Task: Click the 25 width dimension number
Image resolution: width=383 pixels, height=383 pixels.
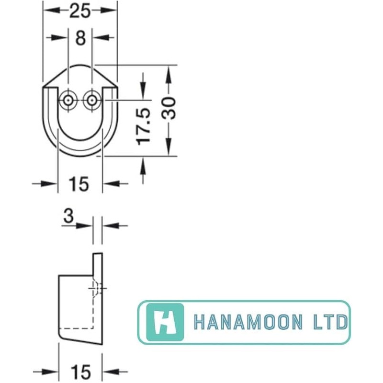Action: click(x=80, y=11)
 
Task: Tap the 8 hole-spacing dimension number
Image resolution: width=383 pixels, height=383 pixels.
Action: click(x=80, y=38)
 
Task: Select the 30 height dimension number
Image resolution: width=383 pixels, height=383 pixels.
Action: click(x=169, y=108)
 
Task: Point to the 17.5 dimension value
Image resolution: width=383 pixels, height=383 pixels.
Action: click(x=143, y=126)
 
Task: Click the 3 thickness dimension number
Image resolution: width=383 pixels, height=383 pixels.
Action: click(x=68, y=216)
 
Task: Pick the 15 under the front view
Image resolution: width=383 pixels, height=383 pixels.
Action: click(x=79, y=184)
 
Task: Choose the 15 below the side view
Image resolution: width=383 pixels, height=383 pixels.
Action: click(x=80, y=372)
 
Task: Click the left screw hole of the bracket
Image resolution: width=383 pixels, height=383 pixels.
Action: click(x=68, y=101)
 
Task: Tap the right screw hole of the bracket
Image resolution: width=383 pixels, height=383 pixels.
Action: click(x=92, y=101)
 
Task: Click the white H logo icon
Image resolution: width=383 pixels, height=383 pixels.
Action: click(x=165, y=322)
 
